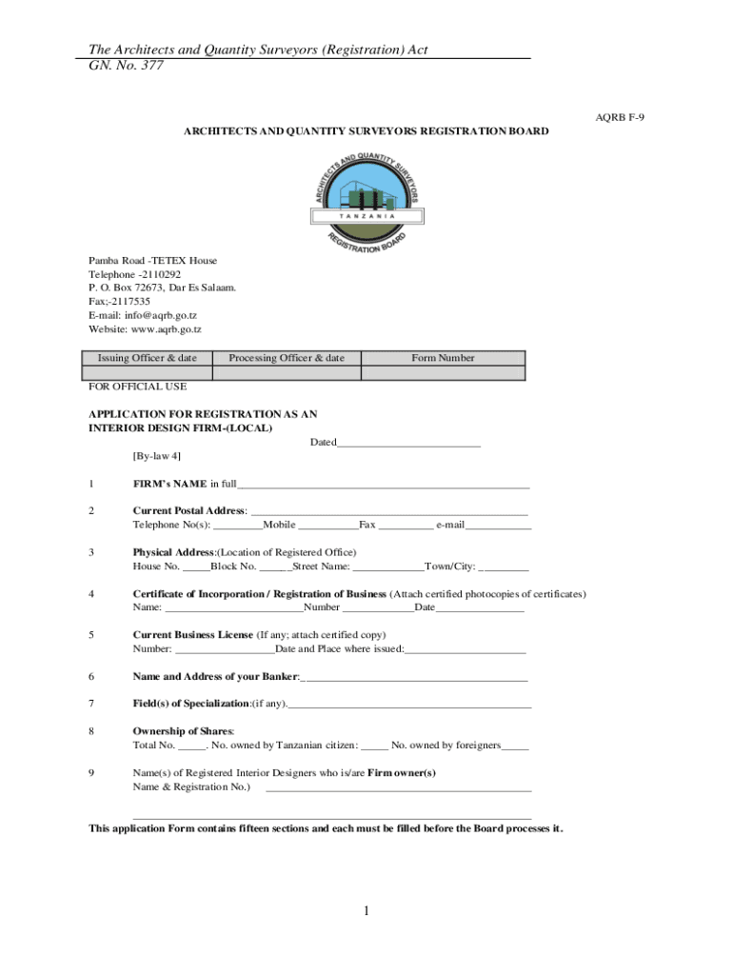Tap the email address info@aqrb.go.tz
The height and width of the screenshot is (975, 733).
(143, 315)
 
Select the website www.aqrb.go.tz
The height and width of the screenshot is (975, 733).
(145, 329)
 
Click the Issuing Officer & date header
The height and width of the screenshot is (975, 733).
(148, 358)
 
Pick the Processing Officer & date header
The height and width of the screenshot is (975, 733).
(287, 358)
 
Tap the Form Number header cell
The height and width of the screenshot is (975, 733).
(443, 358)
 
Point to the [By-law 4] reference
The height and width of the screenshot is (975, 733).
(157, 456)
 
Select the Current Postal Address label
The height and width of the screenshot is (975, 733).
(188, 511)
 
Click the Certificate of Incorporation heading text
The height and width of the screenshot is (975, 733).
(259, 594)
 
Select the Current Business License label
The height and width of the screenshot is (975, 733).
(192, 635)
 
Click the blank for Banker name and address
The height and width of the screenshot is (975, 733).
(414, 679)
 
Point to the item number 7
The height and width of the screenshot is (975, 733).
(91, 704)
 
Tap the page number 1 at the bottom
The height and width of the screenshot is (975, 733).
(366, 912)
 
